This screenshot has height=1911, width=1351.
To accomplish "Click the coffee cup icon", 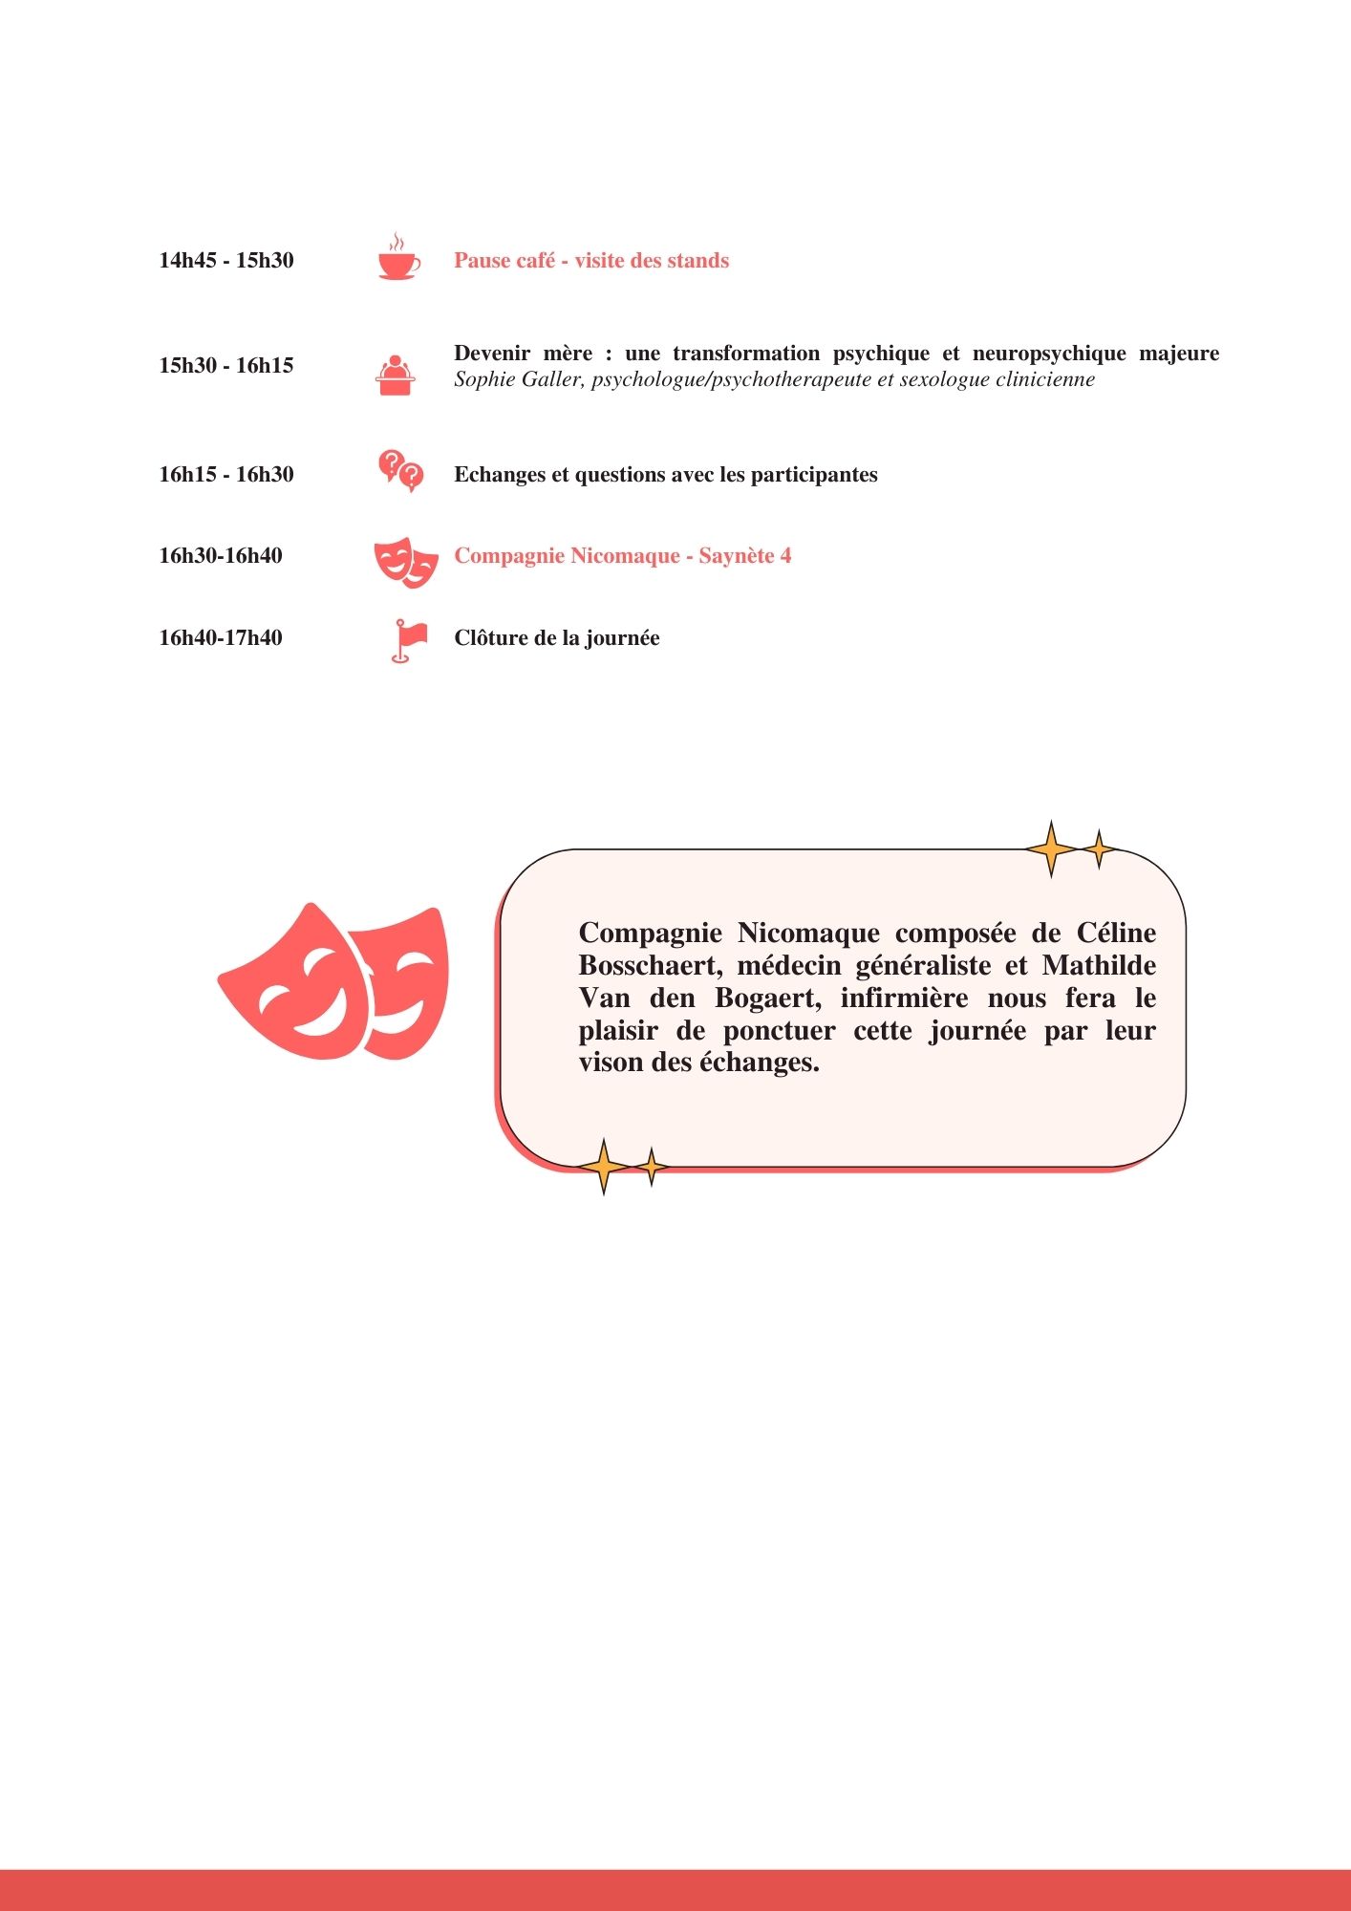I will click(x=397, y=260).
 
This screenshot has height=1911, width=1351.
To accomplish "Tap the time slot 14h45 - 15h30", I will click(x=226, y=261).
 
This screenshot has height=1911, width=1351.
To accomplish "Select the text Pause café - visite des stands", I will click(x=590, y=261).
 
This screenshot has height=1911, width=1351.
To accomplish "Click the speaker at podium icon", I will click(x=395, y=375).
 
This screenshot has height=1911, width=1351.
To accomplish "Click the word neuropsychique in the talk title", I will click(x=1048, y=354).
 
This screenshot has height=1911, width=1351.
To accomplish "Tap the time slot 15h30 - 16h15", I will click(x=226, y=366).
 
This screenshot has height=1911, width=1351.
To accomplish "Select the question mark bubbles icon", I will click(x=400, y=470).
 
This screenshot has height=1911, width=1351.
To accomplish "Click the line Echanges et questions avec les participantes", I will click(x=665, y=475).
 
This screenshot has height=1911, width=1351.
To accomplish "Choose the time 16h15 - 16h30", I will click(x=226, y=475).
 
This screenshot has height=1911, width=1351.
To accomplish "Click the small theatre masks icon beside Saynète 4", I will click(x=405, y=561).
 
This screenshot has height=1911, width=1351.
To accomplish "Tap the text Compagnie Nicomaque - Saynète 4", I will click(x=622, y=556).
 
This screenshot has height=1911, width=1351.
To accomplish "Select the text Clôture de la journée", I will click(x=556, y=638).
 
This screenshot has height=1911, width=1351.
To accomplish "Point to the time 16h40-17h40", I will click(x=221, y=638).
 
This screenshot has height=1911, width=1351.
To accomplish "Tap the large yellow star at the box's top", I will click(x=1051, y=848).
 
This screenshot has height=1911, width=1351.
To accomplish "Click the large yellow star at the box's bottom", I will click(x=603, y=1167).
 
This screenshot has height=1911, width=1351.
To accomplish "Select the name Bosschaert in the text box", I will click(x=650, y=966).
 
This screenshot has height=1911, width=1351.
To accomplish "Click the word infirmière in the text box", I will click(x=904, y=998).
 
